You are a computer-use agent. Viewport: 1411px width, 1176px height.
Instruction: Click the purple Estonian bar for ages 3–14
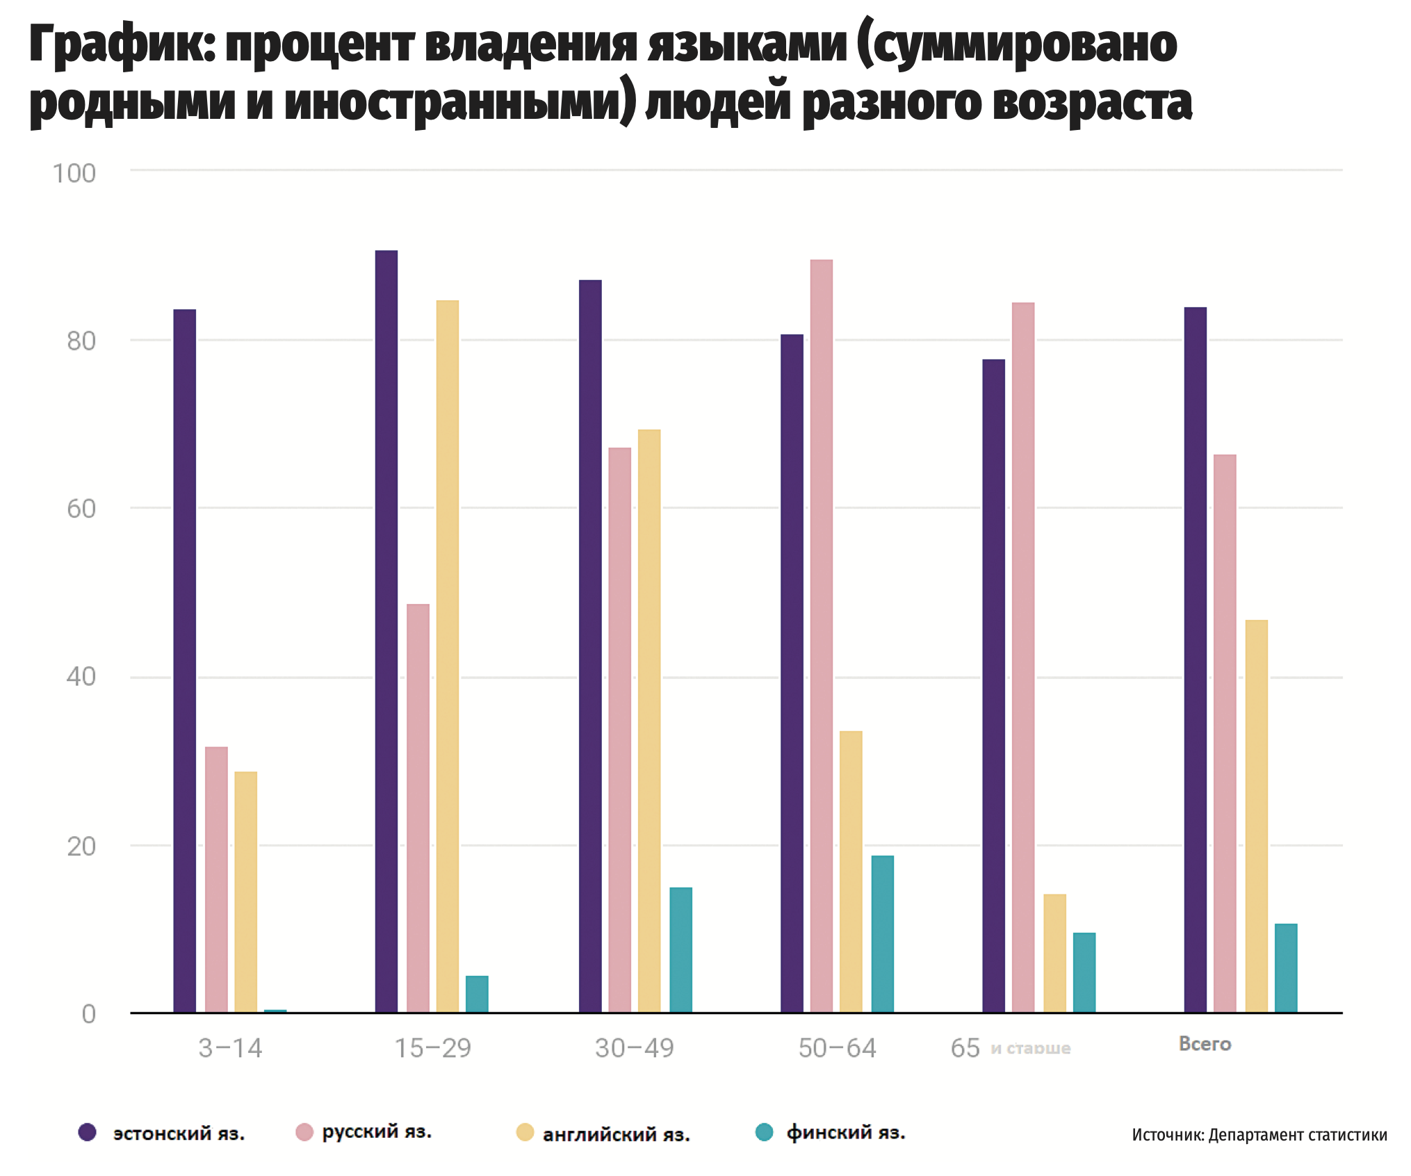(x=184, y=660)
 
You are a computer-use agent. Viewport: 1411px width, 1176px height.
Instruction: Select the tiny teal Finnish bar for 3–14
(x=275, y=1011)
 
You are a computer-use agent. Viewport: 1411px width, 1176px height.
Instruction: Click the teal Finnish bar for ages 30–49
(x=680, y=949)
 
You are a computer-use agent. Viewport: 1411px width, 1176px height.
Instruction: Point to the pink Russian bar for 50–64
(x=821, y=635)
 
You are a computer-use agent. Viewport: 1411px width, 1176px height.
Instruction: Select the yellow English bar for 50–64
(x=851, y=872)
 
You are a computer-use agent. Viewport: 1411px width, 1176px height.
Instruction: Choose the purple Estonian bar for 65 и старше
(x=993, y=685)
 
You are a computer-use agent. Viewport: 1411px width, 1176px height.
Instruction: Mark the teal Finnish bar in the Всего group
(x=1285, y=967)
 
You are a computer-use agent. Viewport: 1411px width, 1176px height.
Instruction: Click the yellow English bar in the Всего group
(x=1256, y=816)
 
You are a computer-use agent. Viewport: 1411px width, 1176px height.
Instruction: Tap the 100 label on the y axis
(x=74, y=174)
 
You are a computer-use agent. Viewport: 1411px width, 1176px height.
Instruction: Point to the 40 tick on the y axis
(x=81, y=676)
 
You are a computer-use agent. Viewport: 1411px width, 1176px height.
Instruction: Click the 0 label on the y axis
(x=88, y=1014)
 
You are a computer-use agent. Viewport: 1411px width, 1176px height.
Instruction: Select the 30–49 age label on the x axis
(x=634, y=1048)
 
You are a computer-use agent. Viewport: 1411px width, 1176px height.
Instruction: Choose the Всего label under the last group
(x=1205, y=1044)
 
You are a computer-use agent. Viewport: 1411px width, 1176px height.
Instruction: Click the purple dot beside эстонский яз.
(x=88, y=1132)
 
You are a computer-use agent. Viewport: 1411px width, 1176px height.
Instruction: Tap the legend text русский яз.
(x=377, y=1132)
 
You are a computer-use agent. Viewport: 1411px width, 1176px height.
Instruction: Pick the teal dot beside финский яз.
(x=764, y=1132)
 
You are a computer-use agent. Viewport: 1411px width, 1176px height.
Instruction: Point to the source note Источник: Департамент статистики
(x=1259, y=1135)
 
